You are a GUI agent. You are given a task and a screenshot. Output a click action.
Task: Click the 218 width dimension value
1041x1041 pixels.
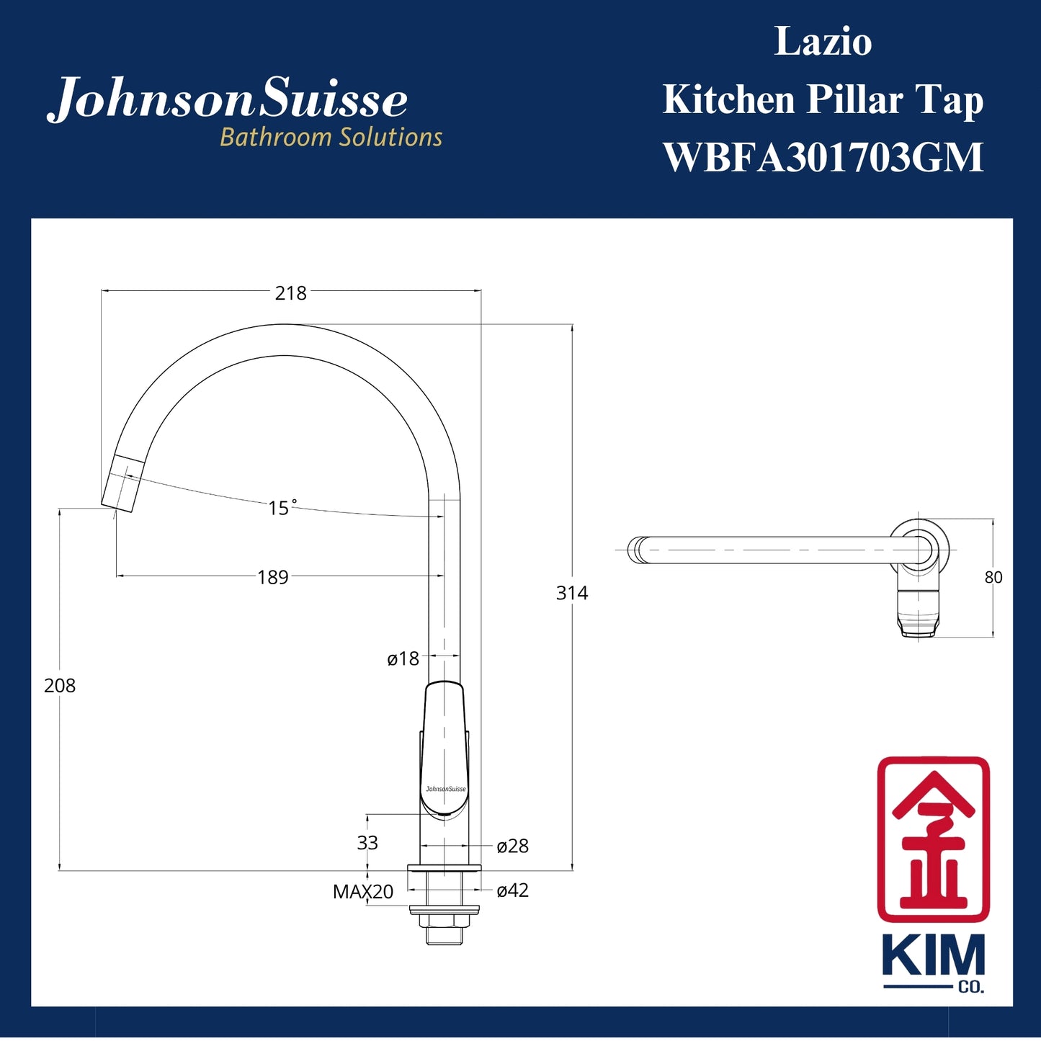point(290,293)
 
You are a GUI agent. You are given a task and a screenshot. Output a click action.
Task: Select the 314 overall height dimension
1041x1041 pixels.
point(572,593)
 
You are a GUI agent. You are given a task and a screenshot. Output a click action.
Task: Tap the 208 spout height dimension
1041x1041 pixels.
point(60,686)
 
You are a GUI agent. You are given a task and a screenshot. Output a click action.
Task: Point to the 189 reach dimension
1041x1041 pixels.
point(273,577)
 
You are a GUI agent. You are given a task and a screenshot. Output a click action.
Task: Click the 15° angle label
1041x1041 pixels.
point(282,508)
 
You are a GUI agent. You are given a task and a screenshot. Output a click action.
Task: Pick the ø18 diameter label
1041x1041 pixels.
point(403,658)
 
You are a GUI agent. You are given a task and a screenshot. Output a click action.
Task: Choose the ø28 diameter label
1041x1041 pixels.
point(512,846)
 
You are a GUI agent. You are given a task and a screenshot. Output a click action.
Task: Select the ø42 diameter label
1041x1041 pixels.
point(512,890)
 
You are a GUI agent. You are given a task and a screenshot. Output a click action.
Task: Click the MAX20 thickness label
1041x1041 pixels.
point(362,892)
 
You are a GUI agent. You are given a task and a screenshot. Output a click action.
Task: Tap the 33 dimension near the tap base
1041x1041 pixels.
point(367,843)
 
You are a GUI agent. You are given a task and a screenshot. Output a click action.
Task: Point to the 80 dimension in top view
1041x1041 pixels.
point(993,578)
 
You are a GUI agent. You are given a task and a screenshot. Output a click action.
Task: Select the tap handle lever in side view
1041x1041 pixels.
point(444,749)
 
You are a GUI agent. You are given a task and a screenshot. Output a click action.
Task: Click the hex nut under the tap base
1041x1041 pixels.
point(444,920)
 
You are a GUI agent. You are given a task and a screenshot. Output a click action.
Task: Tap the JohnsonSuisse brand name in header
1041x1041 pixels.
point(228,99)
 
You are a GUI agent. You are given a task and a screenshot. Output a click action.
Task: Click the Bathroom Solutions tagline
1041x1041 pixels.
point(331,137)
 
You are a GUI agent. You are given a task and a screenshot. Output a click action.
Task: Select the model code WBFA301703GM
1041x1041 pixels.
point(823,157)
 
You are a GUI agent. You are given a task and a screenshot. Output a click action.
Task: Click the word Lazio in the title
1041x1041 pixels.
point(823,41)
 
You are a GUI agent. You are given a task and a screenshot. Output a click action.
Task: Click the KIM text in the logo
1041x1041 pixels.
point(933,956)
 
